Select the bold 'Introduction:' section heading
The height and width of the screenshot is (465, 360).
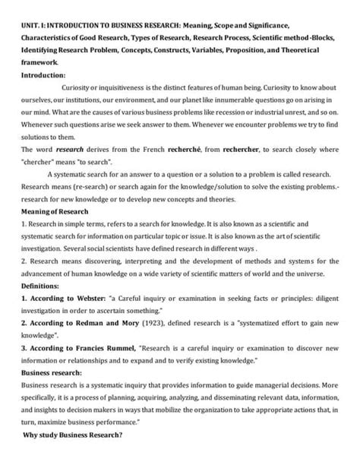43,75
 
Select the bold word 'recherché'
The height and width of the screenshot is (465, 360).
197,150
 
